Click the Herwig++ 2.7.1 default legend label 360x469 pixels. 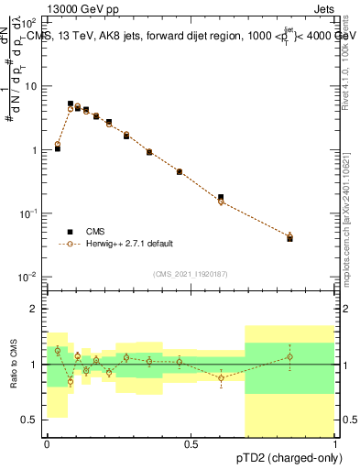click(130, 244)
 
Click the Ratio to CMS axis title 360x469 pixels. click(13, 365)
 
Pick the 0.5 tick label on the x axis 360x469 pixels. click(191, 444)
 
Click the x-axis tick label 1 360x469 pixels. click(335, 444)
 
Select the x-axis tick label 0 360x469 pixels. click(47, 444)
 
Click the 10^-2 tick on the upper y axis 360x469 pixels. click(29, 277)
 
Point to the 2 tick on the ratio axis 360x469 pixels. click(35, 309)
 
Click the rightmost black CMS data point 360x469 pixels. click(290, 238)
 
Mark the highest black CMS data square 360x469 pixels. click(71, 104)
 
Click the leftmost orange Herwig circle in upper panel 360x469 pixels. click(58, 144)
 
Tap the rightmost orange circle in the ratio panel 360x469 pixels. click(290, 357)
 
